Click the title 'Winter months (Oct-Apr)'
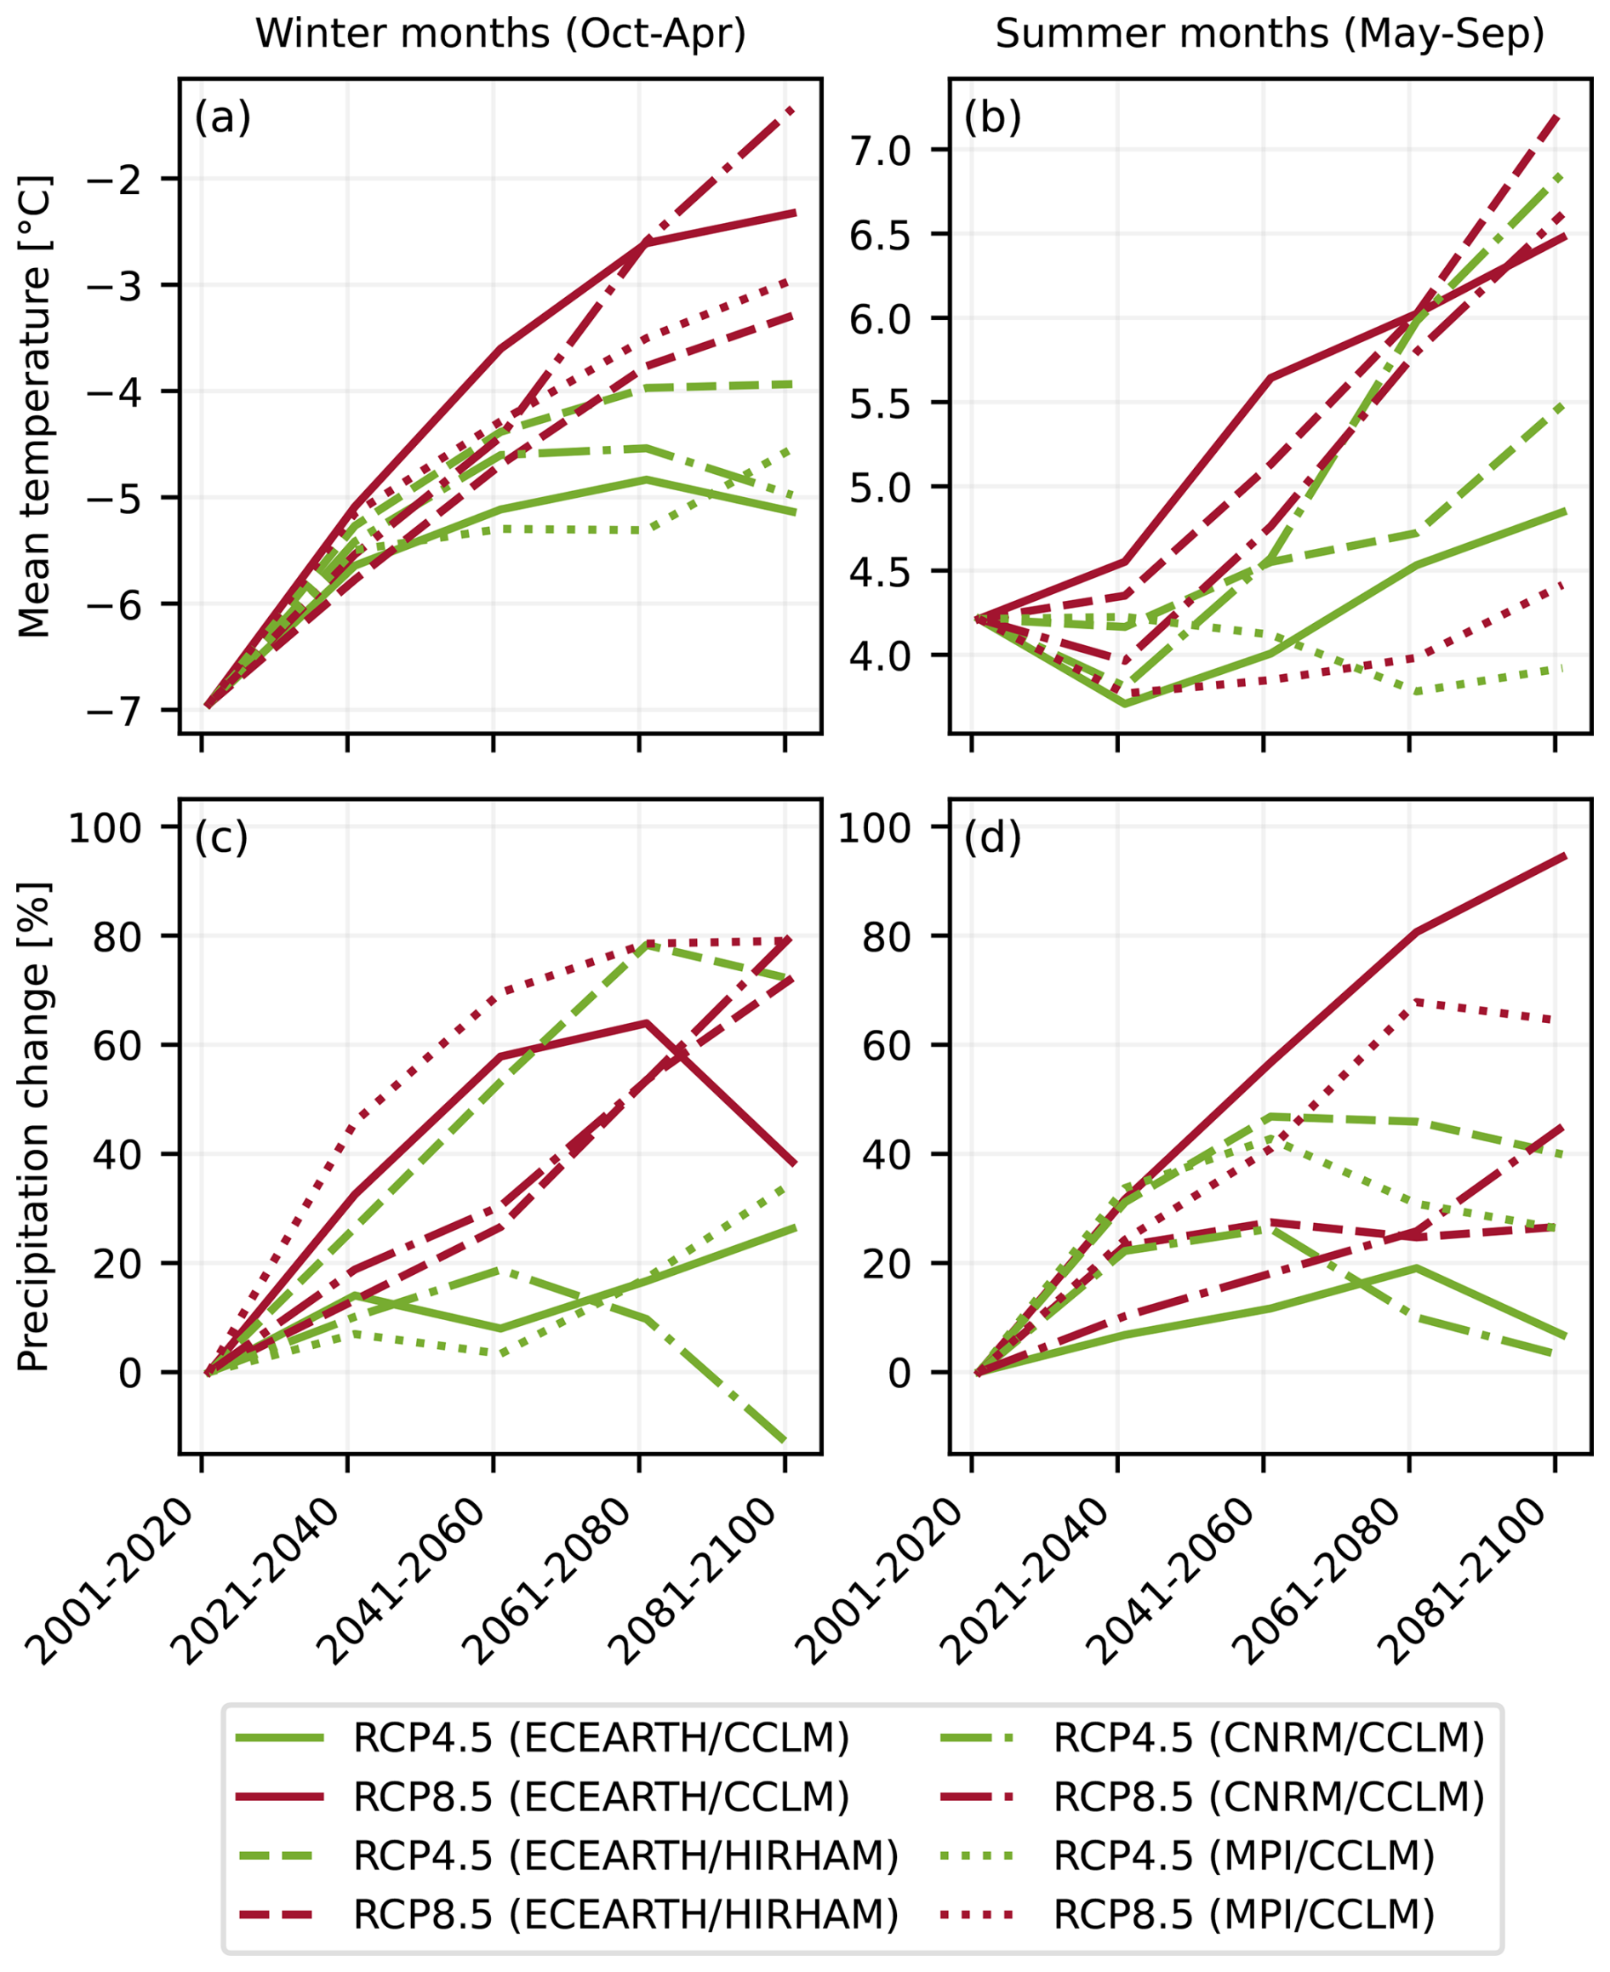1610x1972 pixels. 501,35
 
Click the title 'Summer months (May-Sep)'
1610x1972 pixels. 1270,35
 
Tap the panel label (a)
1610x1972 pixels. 223,118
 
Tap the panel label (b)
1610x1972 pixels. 992,118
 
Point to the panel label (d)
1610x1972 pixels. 992,837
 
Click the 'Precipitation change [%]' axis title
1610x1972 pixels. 35,1127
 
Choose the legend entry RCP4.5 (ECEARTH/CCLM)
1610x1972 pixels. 601,1738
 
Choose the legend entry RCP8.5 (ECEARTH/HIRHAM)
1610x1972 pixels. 626,1912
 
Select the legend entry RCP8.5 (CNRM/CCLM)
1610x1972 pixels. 1269,1797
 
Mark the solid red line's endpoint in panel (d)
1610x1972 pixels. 1567,856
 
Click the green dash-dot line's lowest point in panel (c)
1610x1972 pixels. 785,1441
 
